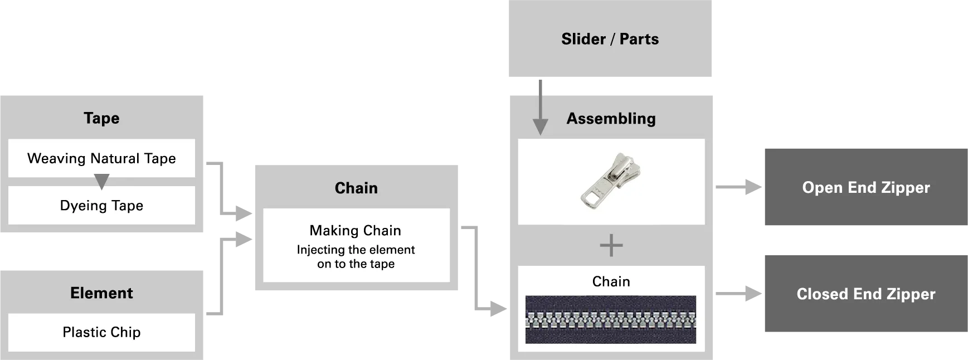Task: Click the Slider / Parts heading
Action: tap(610, 39)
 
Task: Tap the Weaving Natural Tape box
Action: tap(101, 158)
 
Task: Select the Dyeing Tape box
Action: tap(101, 206)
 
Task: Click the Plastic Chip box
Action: tap(101, 332)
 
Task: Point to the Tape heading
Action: tap(101, 118)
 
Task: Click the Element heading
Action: tap(101, 293)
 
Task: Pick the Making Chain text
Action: tap(356, 231)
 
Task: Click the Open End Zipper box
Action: tap(865, 187)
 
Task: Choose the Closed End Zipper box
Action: tap(865, 294)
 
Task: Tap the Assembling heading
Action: tap(611, 119)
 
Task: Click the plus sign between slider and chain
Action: tap(611, 246)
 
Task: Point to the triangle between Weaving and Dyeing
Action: tap(101, 181)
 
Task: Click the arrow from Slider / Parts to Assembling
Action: tap(539, 111)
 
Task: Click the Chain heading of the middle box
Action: tap(356, 188)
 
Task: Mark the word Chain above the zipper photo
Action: tap(611, 282)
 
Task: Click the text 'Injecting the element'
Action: tap(356, 250)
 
